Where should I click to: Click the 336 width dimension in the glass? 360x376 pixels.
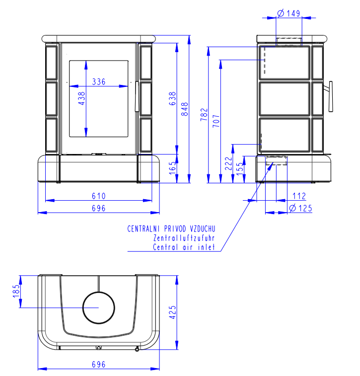(99, 82)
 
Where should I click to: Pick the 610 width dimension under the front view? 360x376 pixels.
(99, 196)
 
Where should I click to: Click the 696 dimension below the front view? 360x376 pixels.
(99, 208)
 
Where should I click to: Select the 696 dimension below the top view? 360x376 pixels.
(99, 364)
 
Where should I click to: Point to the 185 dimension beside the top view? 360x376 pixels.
(17, 291)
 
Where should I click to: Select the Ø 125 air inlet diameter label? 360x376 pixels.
(301, 208)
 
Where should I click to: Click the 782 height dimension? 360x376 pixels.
(203, 115)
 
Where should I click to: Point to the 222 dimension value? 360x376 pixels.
(228, 163)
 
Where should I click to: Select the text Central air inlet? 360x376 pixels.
(184, 247)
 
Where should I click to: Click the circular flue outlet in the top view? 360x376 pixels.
(98, 308)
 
